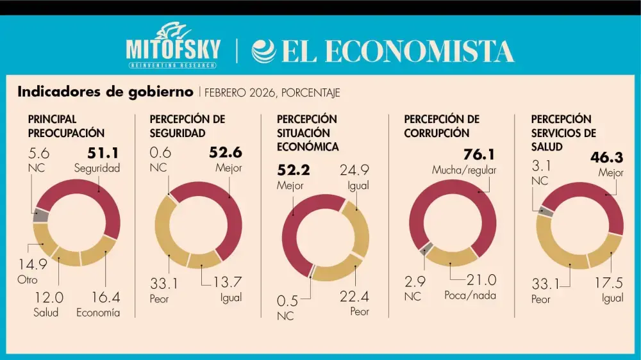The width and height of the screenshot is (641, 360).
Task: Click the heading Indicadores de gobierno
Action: (x=105, y=92)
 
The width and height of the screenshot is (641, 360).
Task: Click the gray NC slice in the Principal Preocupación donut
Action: (x=40, y=215)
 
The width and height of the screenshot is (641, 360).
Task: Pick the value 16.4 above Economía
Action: (x=106, y=297)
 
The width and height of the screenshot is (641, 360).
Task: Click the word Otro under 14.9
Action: (x=28, y=280)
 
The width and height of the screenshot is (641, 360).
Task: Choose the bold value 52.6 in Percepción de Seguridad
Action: (x=226, y=153)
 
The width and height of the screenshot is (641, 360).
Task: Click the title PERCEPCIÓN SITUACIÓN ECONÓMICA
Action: (x=308, y=133)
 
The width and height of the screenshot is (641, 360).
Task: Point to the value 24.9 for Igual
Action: (x=355, y=169)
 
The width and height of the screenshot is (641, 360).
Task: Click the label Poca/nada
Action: (x=470, y=295)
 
